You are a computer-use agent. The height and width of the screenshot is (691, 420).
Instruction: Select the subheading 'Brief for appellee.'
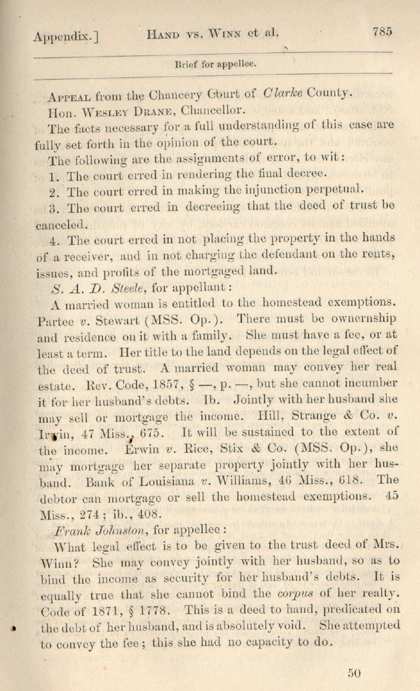coord(214,64)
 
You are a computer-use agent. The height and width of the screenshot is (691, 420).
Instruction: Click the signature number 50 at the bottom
coord(354,673)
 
